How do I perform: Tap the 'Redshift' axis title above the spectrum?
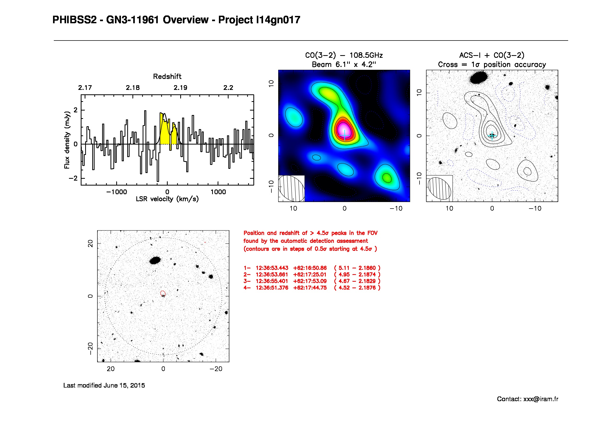tap(167, 77)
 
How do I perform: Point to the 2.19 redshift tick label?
tap(181, 88)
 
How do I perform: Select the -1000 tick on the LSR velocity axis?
tap(117, 192)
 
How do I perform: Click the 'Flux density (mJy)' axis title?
tap(67, 140)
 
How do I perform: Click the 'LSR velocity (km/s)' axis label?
tap(167, 199)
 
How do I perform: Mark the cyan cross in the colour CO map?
tap(345, 135)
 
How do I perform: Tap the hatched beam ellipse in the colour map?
tap(291, 189)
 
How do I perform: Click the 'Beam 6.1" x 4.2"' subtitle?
tap(344, 65)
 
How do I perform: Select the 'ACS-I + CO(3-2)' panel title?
tap(492, 55)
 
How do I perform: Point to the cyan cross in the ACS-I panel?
tap(492, 136)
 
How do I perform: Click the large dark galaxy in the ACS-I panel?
tap(479, 77)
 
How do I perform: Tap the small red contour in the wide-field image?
tap(163, 293)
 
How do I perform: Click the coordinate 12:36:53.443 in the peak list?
tap(272, 268)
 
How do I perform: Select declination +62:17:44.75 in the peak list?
tap(310, 288)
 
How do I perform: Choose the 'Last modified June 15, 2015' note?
tap(104, 385)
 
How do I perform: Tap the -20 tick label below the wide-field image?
tap(216, 369)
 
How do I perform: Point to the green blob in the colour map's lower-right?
tap(387, 177)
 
